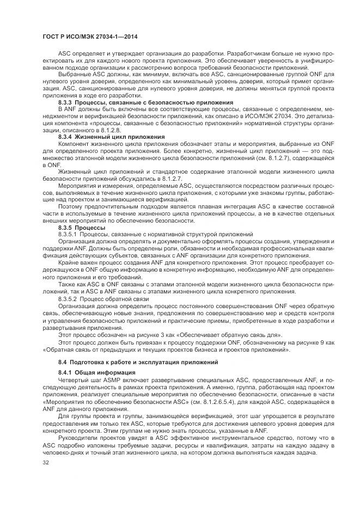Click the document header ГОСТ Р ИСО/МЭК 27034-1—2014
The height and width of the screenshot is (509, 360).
pos(82,36)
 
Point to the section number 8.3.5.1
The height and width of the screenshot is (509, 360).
pos(69,234)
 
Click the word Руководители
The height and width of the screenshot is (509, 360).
pos(79,438)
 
